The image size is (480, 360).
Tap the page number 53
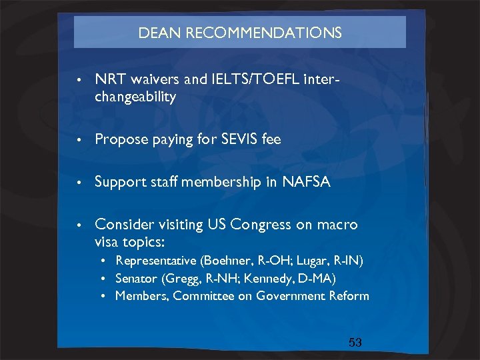355,343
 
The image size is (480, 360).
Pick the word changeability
135,97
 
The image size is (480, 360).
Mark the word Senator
137,277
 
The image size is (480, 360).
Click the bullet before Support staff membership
79,182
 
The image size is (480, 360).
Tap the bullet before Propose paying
79,139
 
